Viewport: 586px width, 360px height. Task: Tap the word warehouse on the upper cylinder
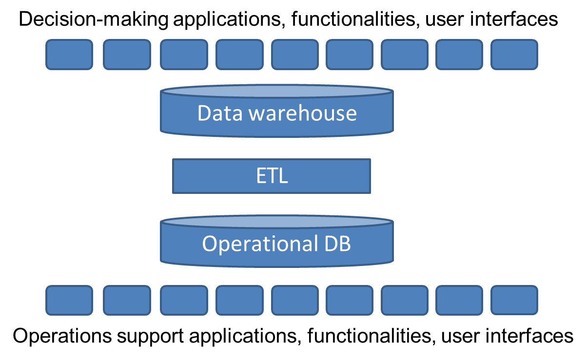[x=303, y=114]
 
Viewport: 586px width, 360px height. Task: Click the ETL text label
[x=272, y=176]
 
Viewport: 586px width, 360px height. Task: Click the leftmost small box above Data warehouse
[x=69, y=55]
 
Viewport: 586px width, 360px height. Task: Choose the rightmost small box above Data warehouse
[x=514, y=55]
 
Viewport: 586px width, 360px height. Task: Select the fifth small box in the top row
[x=294, y=55]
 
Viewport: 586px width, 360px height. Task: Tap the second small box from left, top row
[x=127, y=55]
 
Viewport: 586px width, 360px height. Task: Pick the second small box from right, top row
[x=459, y=55]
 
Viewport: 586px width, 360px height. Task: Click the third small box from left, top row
[x=184, y=55]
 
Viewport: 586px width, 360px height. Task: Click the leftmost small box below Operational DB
[x=69, y=300]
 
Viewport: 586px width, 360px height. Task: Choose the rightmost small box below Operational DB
[x=514, y=300]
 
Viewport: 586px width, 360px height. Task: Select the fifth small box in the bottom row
[x=294, y=300]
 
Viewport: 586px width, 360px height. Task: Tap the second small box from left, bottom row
[x=127, y=300]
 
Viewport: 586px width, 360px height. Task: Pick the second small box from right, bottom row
[x=459, y=300]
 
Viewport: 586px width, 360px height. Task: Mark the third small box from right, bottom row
[x=404, y=300]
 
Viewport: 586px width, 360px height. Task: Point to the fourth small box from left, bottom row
[x=239, y=300]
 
